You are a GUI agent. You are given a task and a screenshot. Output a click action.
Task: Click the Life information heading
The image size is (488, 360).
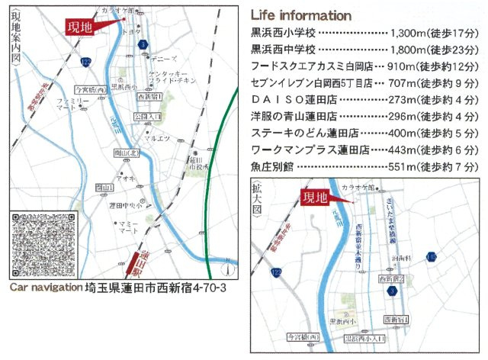point(300,16)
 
